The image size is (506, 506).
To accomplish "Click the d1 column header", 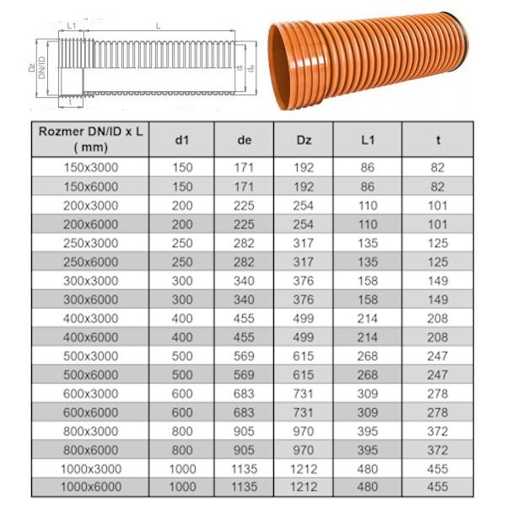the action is point(181,140).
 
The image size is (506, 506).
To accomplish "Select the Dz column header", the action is point(304,140).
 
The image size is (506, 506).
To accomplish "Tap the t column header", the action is point(438,140).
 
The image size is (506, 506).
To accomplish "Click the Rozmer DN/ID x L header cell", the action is point(91,139).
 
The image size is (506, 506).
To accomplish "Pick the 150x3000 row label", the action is point(91,168).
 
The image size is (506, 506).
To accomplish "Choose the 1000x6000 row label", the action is point(91,487).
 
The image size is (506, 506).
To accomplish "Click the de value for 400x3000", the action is point(244,319).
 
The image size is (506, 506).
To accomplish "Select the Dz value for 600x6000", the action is point(304,412).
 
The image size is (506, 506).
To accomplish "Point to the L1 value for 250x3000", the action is point(368,243).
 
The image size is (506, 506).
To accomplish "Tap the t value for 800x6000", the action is point(438,450).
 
